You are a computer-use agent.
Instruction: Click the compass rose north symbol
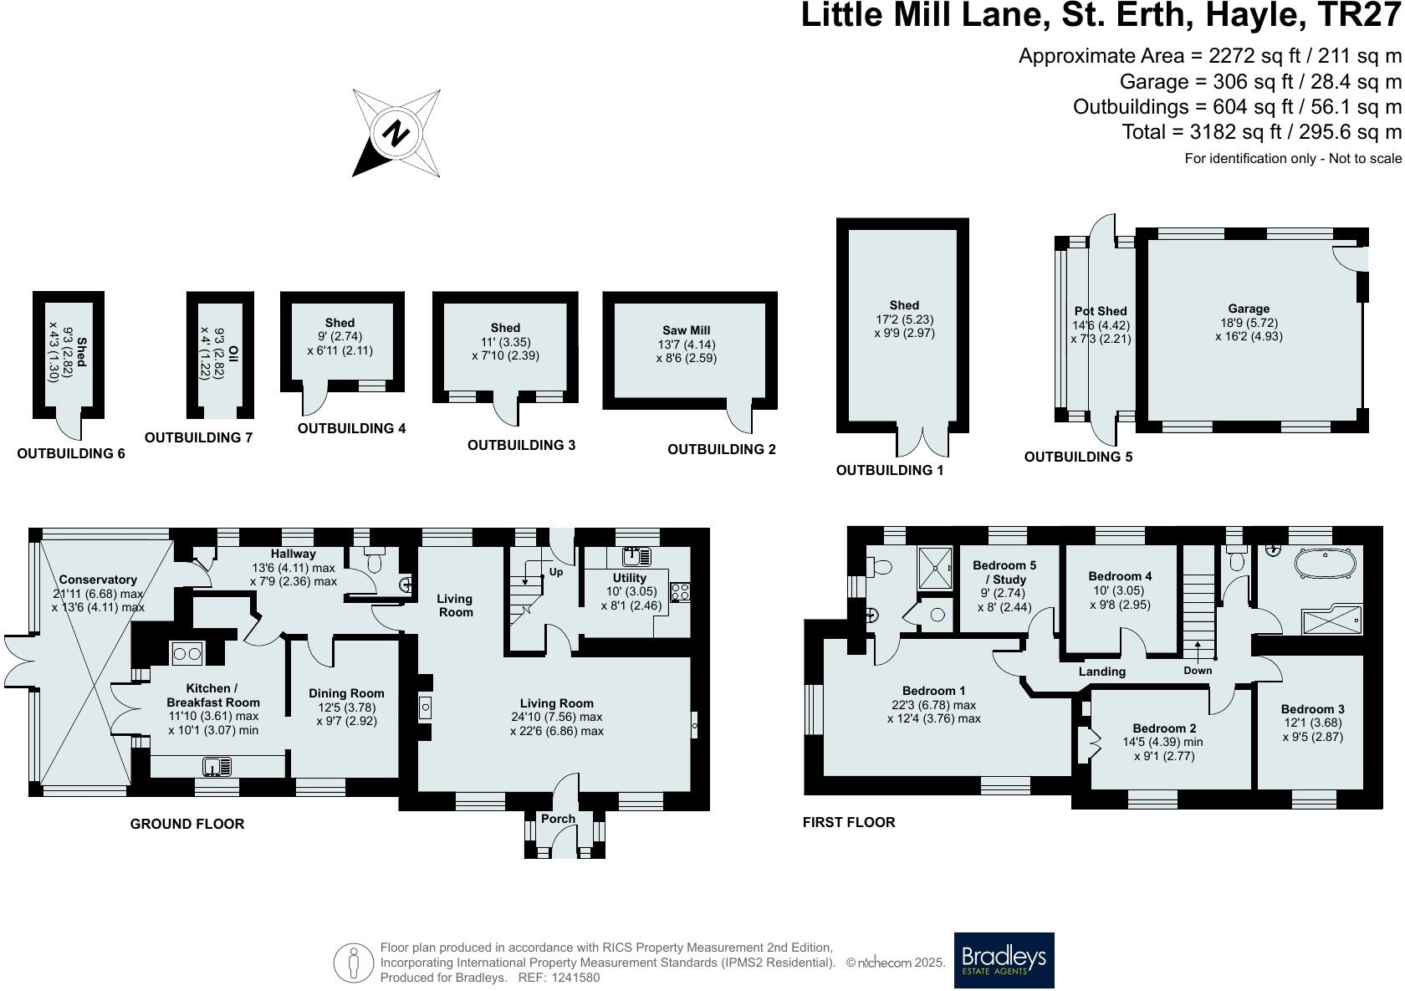397,133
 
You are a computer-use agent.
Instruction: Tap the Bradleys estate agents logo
1004,960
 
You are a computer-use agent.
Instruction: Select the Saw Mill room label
687,330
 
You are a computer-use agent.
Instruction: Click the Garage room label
1249,309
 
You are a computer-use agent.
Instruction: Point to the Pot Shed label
1101,311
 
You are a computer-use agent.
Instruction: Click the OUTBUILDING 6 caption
71,453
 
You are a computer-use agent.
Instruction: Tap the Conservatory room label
98,580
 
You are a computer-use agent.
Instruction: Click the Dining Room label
346,693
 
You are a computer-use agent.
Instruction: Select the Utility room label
629,578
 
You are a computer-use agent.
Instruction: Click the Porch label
558,819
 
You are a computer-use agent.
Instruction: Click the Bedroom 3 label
1313,709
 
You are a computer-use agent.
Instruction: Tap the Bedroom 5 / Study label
1004,572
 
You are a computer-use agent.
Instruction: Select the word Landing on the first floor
1102,671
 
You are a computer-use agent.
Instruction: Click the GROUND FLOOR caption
187,824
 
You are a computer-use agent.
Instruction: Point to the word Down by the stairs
1198,671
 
